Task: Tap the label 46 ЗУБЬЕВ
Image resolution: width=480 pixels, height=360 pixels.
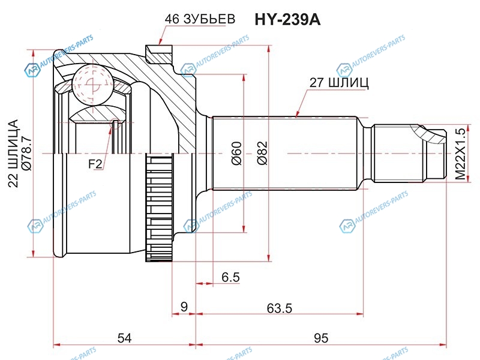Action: click(200, 19)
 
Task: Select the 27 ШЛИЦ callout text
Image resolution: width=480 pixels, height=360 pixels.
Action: click(339, 83)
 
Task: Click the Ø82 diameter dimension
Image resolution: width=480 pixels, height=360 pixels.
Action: click(261, 152)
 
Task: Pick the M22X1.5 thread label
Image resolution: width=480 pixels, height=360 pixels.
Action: click(460, 153)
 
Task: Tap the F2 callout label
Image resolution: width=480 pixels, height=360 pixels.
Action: click(95, 164)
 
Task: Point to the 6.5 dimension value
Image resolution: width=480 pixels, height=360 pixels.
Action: click(230, 277)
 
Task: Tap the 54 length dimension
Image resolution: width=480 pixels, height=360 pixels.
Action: click(124, 338)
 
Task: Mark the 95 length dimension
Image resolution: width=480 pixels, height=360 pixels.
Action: click(321, 338)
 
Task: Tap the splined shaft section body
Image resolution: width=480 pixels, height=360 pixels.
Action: click(288, 153)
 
